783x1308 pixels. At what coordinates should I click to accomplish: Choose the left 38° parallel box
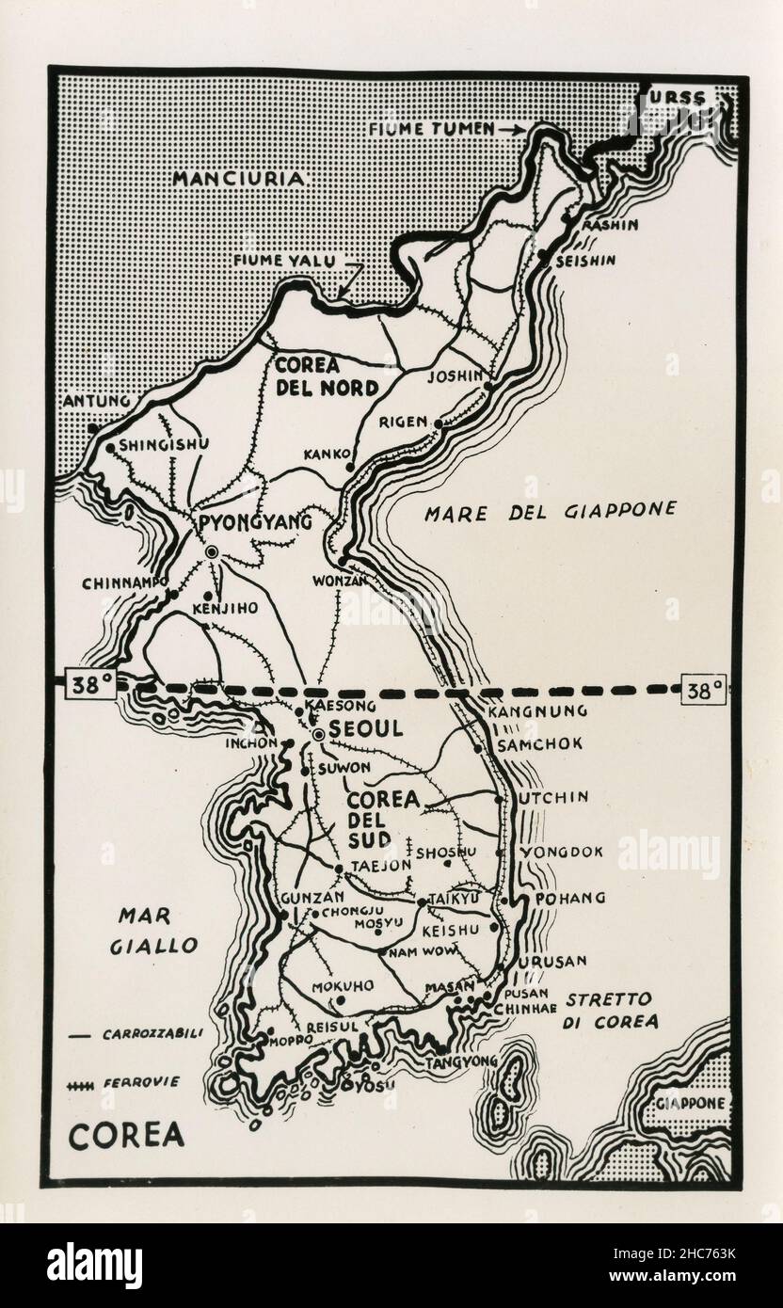89,687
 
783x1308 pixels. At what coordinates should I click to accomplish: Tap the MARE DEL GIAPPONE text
551,511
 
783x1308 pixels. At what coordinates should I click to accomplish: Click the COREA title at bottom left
126,1135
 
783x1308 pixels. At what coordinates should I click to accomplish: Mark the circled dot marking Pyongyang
212,552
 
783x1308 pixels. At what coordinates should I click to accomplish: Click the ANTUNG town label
94,402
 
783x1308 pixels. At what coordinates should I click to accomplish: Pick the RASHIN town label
609,225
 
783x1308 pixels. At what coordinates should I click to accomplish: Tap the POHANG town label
570,899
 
